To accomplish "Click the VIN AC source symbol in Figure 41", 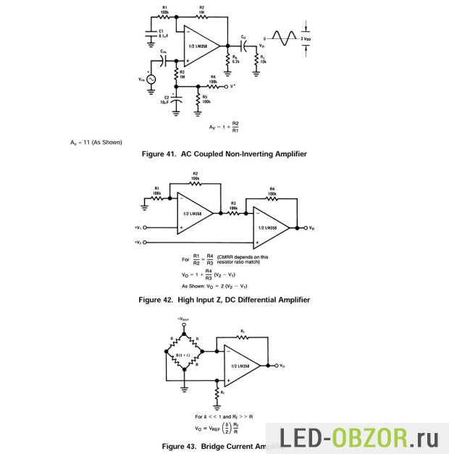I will (x=151, y=79).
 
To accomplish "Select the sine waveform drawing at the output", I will (x=284, y=35).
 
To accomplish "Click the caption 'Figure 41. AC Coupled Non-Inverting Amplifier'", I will (x=225, y=154).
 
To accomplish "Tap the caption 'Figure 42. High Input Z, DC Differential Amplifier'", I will (x=224, y=299).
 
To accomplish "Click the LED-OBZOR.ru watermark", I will (x=366, y=437).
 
